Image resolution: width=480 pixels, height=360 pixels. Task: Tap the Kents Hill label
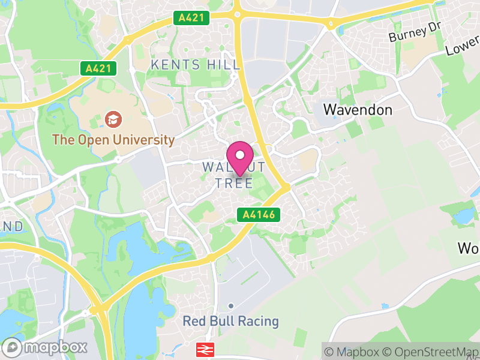click(196, 64)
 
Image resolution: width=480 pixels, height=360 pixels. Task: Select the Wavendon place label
click(358, 110)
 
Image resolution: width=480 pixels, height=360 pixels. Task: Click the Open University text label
click(113, 140)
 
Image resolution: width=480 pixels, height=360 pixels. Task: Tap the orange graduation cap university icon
click(112, 119)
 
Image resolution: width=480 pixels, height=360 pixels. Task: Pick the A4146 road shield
click(259, 214)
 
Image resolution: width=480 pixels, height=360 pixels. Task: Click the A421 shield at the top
click(193, 18)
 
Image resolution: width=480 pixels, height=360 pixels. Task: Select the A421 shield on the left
click(98, 68)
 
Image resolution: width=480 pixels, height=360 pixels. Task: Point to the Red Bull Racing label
click(231, 321)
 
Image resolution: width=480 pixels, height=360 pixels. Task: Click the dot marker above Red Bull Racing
click(230, 305)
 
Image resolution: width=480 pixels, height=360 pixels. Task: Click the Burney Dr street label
click(415, 33)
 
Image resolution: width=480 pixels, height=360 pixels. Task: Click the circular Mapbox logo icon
click(13, 347)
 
